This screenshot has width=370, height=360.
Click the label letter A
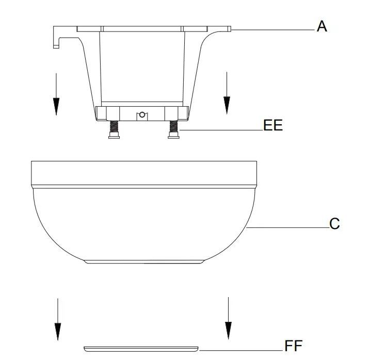point(321,26)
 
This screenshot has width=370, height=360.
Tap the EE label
point(273,125)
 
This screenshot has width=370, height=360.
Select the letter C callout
point(334,224)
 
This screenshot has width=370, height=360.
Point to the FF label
point(293,346)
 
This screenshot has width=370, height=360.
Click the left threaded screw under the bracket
point(114,129)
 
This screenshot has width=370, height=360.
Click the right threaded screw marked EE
point(173,129)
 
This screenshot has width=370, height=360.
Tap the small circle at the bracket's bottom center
point(142,115)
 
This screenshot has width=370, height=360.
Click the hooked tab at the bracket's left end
point(56,37)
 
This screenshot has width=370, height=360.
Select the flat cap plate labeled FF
point(141,349)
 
